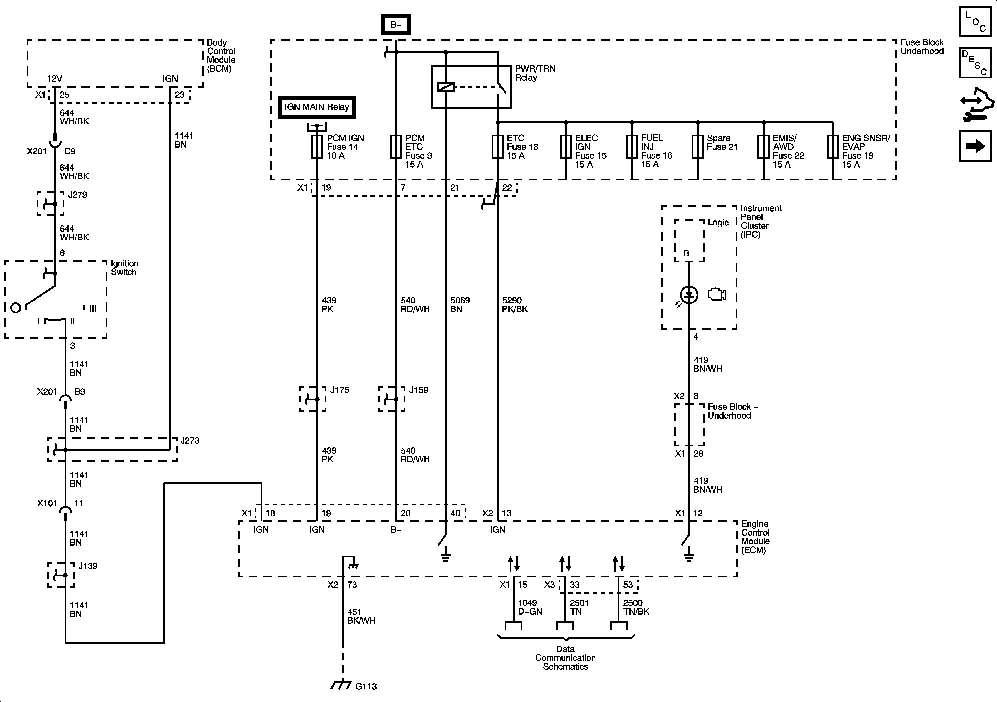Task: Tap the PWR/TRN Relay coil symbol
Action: (446, 87)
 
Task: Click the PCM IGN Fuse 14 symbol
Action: (317, 147)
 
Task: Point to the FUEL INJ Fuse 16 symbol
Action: (632, 147)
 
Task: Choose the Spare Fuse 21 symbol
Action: (697, 147)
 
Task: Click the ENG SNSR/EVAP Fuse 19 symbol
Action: (833, 147)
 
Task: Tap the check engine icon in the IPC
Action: (716, 294)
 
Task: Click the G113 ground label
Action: (366, 686)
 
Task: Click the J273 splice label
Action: (190, 441)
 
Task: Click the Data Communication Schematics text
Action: (565, 658)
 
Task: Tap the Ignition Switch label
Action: (124, 268)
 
